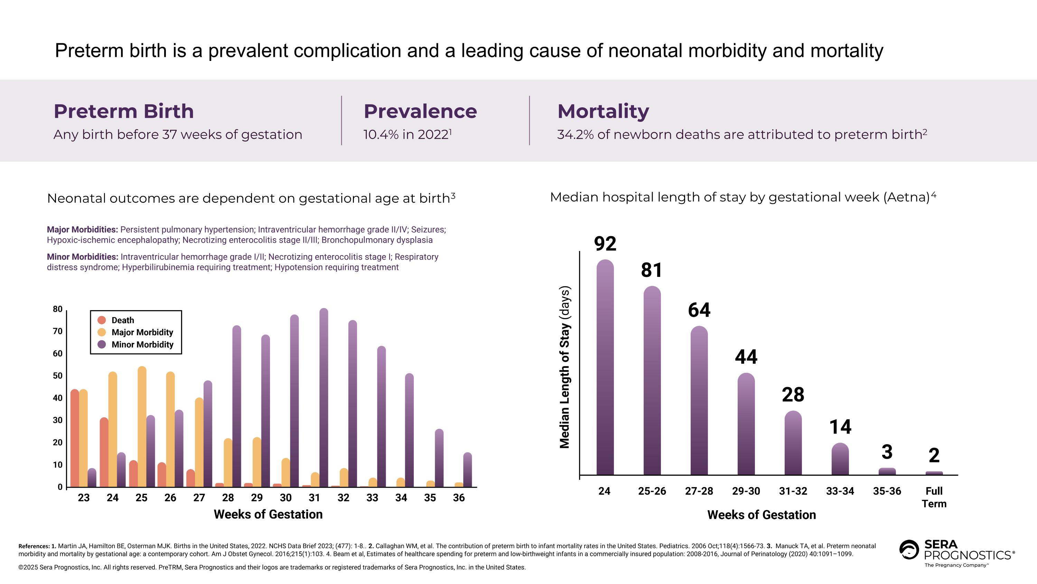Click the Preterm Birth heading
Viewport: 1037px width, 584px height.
pos(124,111)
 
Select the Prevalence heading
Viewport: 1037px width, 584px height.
pos(420,111)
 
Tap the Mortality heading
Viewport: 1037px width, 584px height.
pos(602,111)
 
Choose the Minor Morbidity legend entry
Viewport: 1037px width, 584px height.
pos(142,344)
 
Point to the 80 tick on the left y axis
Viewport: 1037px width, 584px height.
pos(58,309)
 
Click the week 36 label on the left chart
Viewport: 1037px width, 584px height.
pos(459,498)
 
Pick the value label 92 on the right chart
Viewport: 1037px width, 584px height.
pos(605,244)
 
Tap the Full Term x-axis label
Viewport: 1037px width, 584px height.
pos(934,497)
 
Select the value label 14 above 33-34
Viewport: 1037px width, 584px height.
pos(840,427)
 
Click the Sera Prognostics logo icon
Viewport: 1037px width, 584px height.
pos(909,550)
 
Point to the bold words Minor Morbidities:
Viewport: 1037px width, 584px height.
pos(82,257)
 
